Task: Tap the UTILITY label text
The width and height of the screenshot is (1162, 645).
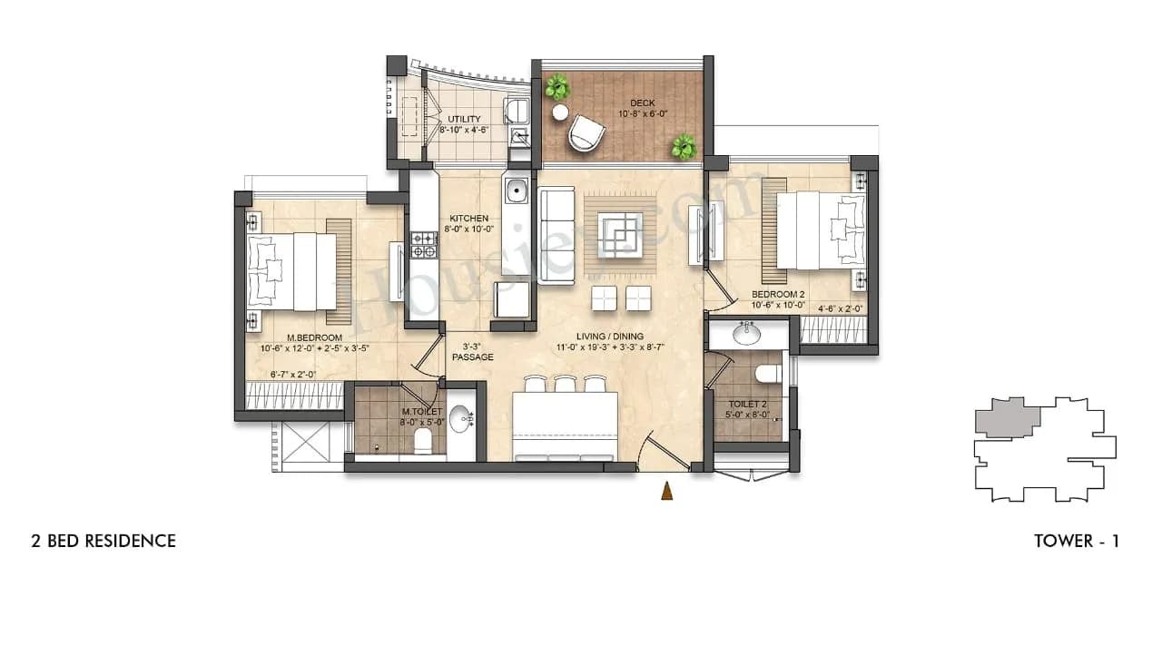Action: coord(464,120)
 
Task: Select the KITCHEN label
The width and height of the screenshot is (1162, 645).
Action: coord(469,219)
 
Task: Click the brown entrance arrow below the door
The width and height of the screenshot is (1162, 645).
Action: coord(667,491)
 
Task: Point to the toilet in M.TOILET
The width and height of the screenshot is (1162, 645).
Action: coord(422,441)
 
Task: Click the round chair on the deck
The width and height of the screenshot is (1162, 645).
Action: coord(586,134)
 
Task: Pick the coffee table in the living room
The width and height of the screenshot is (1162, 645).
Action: coord(620,235)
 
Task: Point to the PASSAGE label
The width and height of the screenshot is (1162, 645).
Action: coord(473,357)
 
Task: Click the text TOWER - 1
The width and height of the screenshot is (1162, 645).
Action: coord(1076,542)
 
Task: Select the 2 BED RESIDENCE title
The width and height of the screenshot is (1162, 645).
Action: coord(103,542)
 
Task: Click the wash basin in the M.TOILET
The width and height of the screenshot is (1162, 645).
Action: coord(462,420)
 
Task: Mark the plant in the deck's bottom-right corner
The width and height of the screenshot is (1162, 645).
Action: coord(683,146)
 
